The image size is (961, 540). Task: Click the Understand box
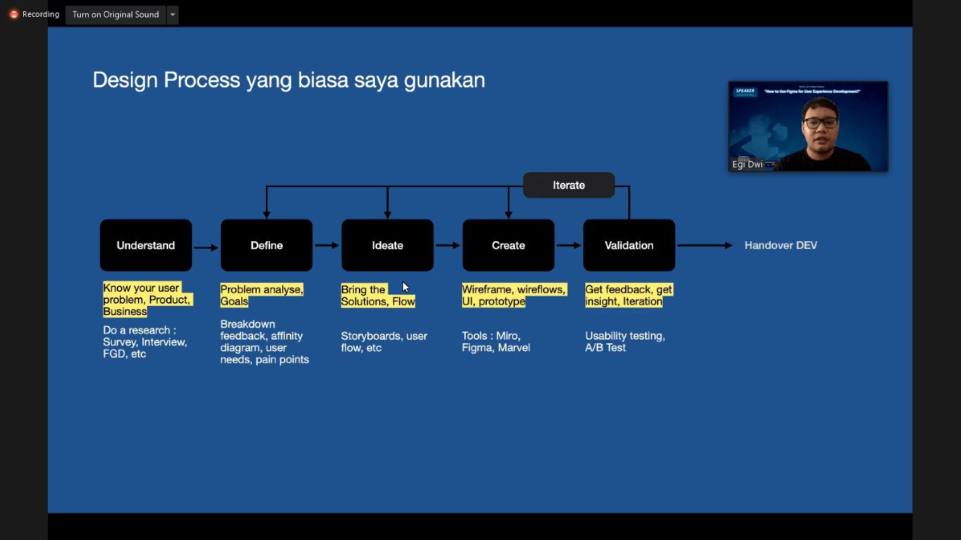146,245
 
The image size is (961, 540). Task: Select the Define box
267,245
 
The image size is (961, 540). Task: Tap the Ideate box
388,245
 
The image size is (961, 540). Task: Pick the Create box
508,245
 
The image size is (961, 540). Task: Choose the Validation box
629,245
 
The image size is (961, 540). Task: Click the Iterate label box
568,185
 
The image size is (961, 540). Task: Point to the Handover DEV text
781,245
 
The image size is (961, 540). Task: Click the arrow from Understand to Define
206,247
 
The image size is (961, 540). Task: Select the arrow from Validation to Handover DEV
704,245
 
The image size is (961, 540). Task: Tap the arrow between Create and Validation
568,245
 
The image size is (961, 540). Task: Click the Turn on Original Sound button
115,15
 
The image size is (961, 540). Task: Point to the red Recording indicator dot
13,15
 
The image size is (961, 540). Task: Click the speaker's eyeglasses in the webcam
820,122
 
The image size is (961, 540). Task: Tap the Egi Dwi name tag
747,165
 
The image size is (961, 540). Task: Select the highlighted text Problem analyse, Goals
262,295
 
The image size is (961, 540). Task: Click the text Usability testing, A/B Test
625,342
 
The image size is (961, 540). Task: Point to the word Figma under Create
478,347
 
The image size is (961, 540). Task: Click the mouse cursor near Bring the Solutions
405,287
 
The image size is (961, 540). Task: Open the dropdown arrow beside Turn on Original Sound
172,15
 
